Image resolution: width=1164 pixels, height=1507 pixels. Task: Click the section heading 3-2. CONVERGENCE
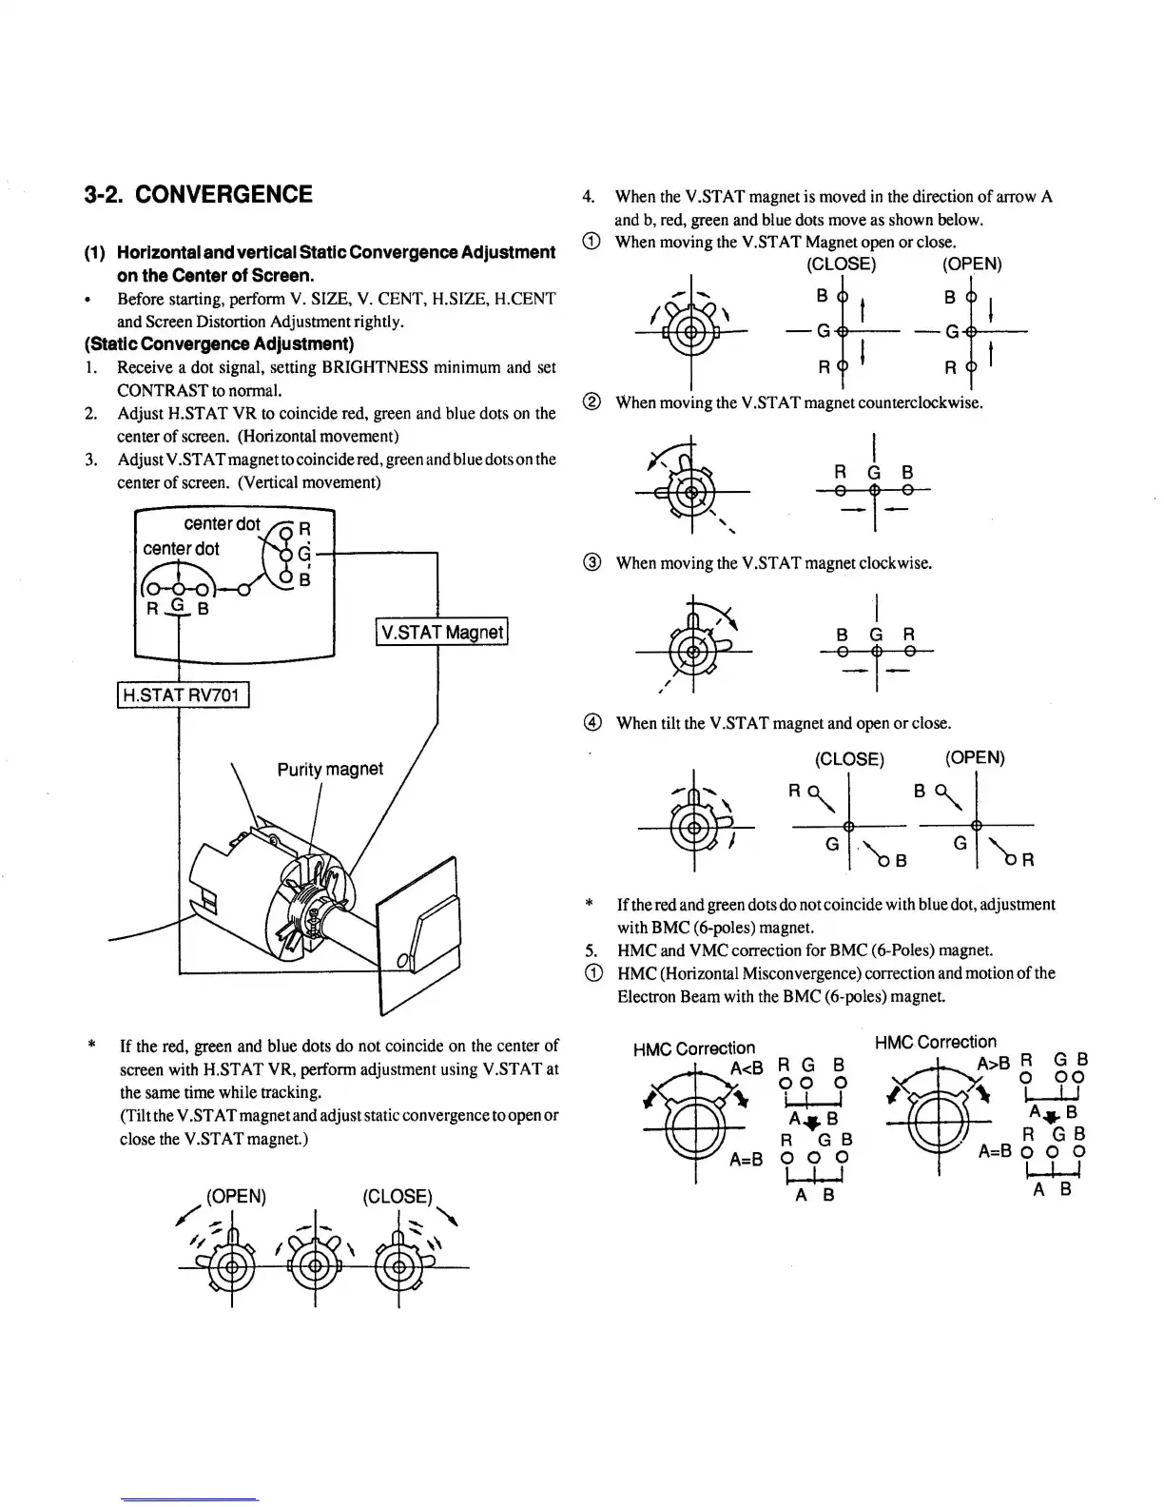click(198, 195)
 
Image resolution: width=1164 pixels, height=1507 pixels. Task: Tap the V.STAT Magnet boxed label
click(442, 632)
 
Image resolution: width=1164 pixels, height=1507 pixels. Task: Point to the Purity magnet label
click(330, 769)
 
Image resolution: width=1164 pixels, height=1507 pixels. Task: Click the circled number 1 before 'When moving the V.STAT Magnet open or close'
click(592, 242)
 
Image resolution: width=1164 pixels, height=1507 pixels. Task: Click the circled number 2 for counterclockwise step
click(592, 402)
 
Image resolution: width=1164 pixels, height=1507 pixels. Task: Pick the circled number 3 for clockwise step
click(592, 563)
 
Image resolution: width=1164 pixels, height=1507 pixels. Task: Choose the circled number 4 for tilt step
click(592, 723)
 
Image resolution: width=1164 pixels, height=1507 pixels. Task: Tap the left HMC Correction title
click(693, 1048)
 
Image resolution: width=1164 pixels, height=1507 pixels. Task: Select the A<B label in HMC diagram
click(747, 1067)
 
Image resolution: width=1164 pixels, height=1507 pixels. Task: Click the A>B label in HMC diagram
click(993, 1063)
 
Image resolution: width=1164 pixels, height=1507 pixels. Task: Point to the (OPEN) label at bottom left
click(236, 1196)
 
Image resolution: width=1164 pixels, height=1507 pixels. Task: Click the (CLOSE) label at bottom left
click(398, 1196)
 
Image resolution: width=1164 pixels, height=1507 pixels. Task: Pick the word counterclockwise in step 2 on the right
click(921, 402)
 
